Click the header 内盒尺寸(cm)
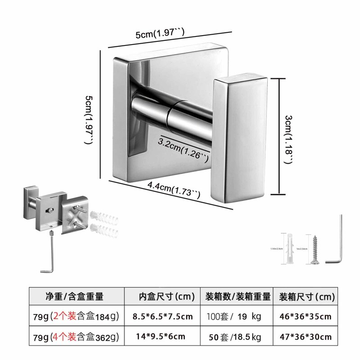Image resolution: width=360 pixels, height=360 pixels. (166, 297)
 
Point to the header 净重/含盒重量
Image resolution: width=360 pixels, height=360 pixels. (74, 297)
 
